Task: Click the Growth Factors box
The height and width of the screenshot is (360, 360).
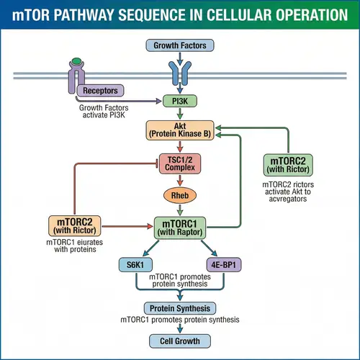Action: point(179,46)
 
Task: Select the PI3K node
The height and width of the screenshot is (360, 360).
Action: point(179,102)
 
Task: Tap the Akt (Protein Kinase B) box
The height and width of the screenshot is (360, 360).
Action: point(179,130)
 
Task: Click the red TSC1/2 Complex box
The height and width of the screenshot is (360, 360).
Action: point(179,163)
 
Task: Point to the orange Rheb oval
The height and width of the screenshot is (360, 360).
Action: point(179,195)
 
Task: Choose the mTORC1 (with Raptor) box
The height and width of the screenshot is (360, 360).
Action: point(180,227)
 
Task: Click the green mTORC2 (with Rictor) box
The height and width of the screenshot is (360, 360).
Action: point(288,165)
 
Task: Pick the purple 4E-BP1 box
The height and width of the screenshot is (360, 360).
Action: point(225,264)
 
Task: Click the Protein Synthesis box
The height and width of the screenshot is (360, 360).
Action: point(179,307)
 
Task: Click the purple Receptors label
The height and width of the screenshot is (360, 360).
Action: point(100,91)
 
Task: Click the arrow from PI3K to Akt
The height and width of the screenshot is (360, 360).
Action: point(179,114)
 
